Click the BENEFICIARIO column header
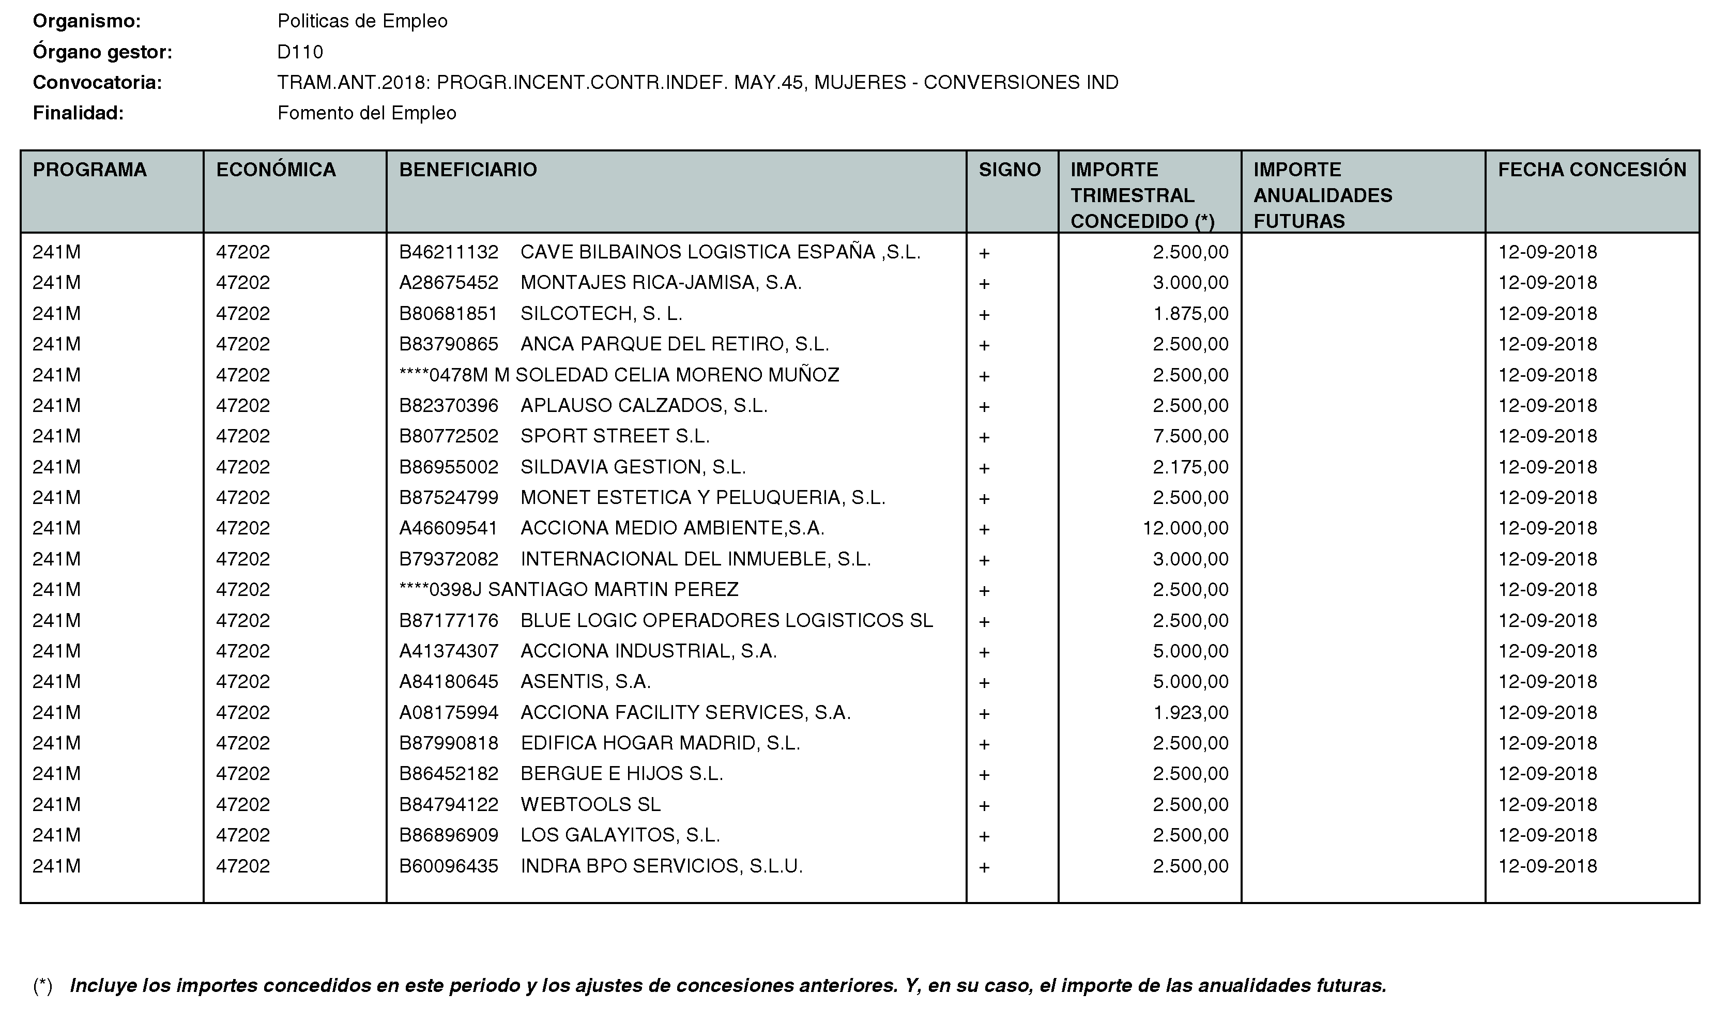point(468,170)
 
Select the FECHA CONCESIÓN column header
point(1592,170)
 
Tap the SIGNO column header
point(1010,170)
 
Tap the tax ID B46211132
point(449,252)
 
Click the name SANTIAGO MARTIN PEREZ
point(613,589)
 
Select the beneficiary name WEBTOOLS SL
point(590,804)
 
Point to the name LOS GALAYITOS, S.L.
point(620,835)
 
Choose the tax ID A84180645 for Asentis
point(449,681)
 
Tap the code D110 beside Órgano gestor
point(300,52)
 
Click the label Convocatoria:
point(97,83)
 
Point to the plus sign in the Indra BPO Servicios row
point(984,867)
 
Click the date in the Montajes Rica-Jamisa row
point(1548,283)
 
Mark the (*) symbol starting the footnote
point(43,985)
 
